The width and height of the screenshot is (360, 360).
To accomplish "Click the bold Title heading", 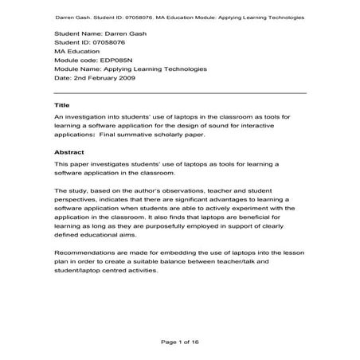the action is point(62,105).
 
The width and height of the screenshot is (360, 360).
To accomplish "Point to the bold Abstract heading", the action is point(68,151).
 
